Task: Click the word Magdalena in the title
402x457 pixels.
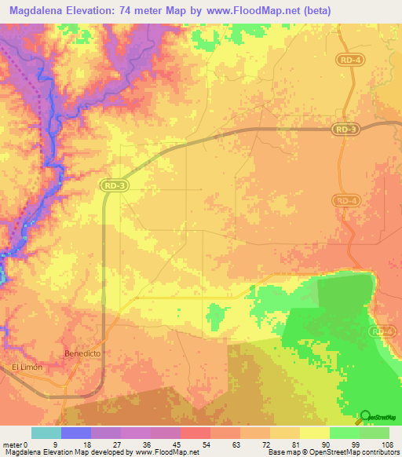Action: (x=42, y=10)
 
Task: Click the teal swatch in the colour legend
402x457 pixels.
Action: (x=46, y=433)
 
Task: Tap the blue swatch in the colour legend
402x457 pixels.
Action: (x=76, y=433)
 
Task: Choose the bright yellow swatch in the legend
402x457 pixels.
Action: (x=314, y=433)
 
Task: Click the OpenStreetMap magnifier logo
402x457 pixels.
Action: (x=365, y=417)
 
